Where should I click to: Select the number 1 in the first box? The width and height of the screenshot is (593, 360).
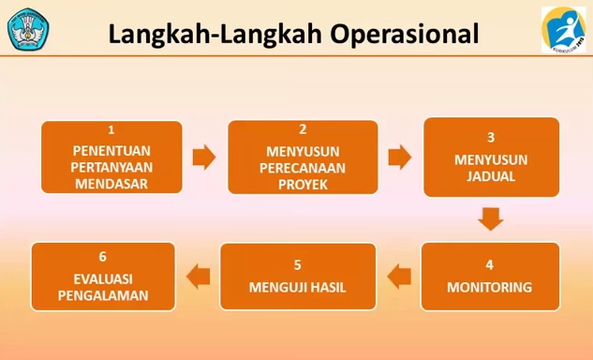point(111,129)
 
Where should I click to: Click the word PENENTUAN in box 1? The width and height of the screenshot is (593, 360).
point(111,149)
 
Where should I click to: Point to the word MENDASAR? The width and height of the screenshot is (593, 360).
point(111,184)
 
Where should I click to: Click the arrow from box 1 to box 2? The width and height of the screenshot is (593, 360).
point(203,157)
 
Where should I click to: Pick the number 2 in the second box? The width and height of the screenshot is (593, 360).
point(303,129)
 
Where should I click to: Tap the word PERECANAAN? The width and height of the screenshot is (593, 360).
point(303,167)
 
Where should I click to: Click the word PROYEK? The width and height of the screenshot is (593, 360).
point(303,184)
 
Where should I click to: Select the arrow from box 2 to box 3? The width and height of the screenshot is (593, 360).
point(400,157)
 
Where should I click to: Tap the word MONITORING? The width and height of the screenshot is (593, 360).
point(490,287)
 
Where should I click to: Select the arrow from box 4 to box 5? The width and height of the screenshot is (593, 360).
point(398,276)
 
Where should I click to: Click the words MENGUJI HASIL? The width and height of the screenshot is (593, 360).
point(298,287)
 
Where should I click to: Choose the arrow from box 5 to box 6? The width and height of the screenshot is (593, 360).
point(198,276)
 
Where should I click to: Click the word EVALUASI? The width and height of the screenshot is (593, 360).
point(103,277)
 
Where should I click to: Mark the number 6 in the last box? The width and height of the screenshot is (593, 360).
point(103,256)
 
